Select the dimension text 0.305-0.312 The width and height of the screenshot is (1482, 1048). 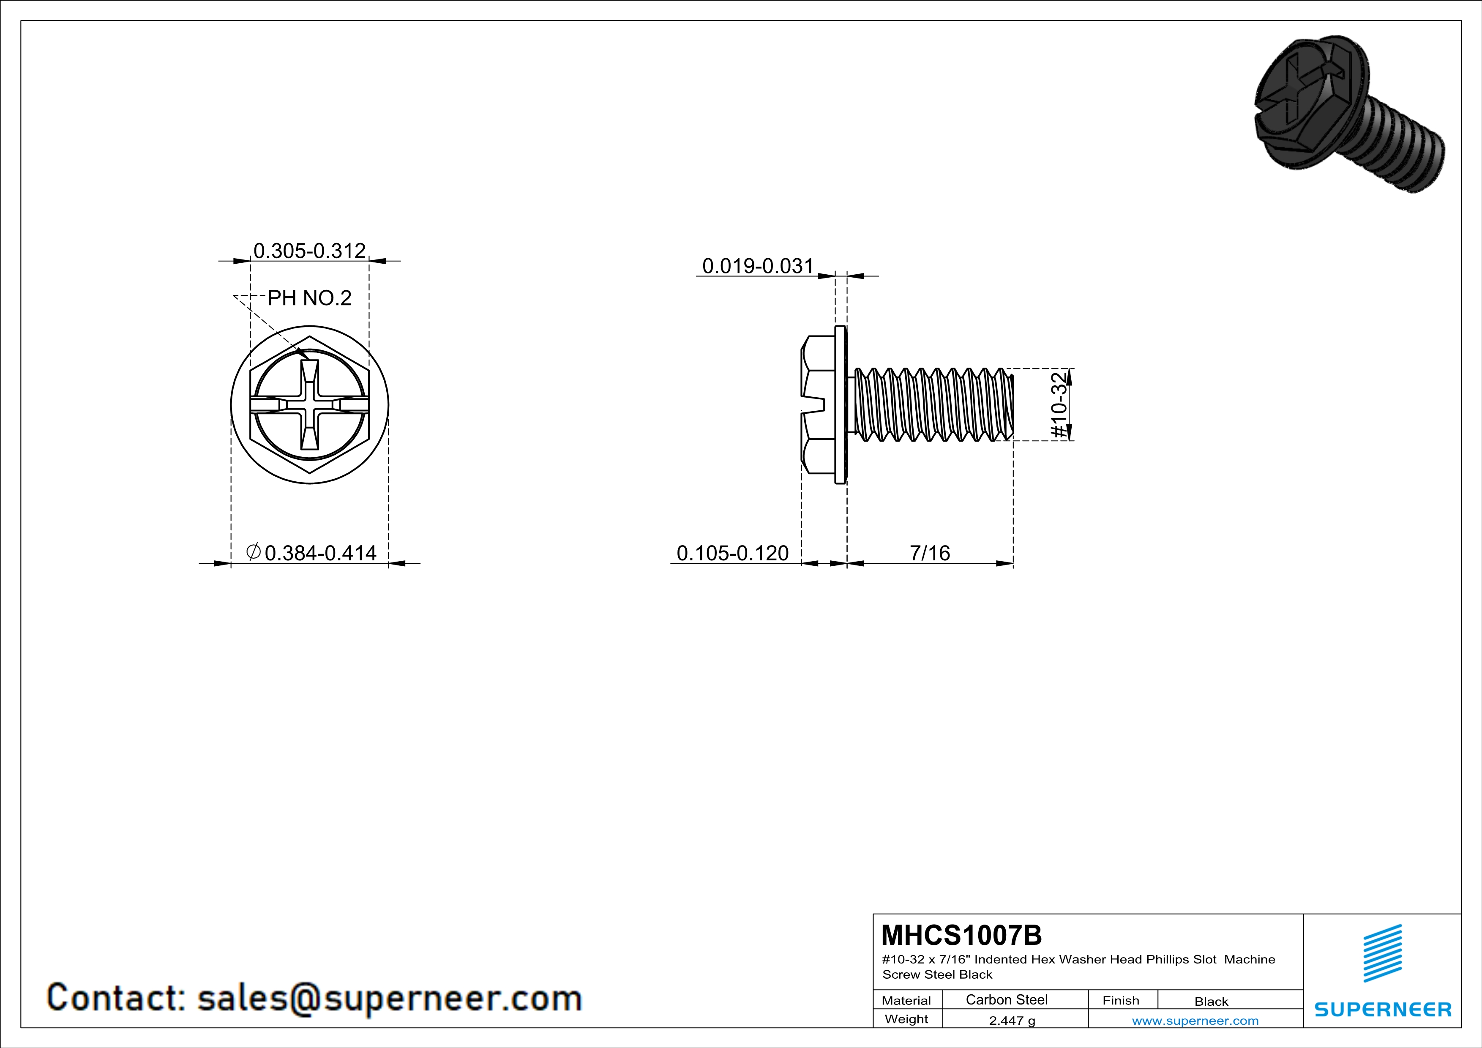point(310,251)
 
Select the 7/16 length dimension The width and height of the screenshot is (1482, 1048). point(930,553)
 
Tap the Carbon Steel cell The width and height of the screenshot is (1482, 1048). point(1006,999)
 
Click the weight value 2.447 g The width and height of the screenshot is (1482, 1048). point(1012,1020)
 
